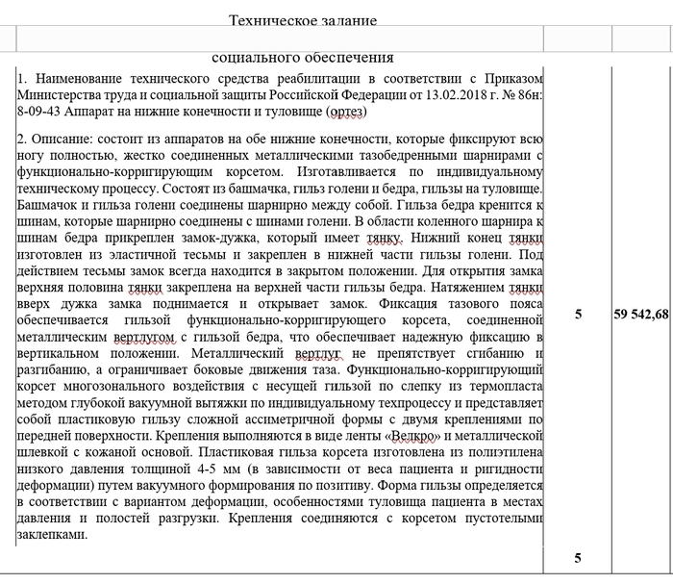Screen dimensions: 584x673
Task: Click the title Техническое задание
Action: coord(303,20)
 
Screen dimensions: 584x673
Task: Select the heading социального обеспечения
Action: coord(302,58)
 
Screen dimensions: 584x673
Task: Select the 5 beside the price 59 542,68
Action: coord(578,314)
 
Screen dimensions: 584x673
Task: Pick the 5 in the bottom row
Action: coord(578,557)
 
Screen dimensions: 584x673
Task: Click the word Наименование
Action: coord(82,79)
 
